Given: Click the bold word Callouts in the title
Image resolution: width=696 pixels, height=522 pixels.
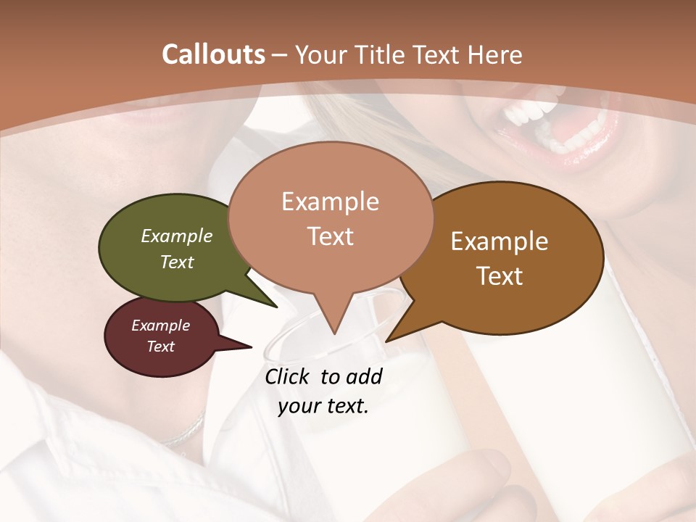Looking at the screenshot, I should tap(213, 54).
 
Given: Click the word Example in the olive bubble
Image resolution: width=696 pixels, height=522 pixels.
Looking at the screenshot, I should tap(177, 236).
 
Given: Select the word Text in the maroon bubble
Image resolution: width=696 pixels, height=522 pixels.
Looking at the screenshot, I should tap(161, 347).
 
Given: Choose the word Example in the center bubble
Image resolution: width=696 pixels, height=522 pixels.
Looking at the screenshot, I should tap(330, 202).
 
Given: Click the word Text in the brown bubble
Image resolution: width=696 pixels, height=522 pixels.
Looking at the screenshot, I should tap(500, 276).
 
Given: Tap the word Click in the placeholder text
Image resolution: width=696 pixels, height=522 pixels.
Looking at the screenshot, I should tap(288, 376).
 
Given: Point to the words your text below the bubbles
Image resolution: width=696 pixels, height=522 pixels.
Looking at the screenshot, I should tap(323, 406).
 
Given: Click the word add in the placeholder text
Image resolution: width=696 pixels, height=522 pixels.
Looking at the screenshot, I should tap(364, 376).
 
